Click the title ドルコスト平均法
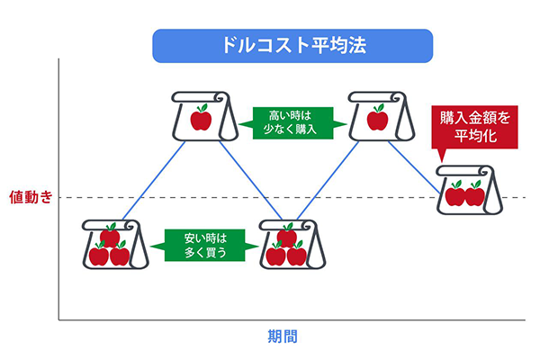click(x=293, y=45)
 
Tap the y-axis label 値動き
click(x=31, y=197)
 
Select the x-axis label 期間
click(x=283, y=337)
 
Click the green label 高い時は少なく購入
click(x=292, y=123)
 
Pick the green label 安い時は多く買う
click(x=204, y=246)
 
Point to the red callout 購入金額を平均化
click(x=474, y=127)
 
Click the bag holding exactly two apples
click(x=470, y=190)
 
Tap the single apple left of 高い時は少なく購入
click(x=201, y=118)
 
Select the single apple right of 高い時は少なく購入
click(x=377, y=118)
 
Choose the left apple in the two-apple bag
click(x=454, y=193)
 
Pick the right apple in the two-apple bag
click(x=474, y=193)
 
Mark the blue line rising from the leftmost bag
click(x=154, y=181)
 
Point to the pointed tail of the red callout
click(x=442, y=160)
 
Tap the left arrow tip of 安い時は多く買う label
click(x=151, y=246)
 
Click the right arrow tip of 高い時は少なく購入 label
click(x=346, y=124)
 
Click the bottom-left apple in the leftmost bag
click(x=99, y=254)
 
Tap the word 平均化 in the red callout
click(x=475, y=136)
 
